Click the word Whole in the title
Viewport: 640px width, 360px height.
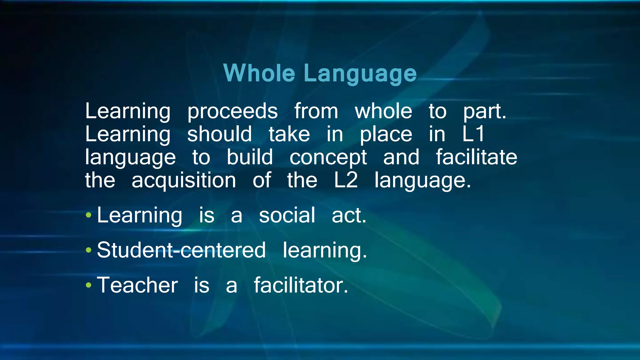(259, 73)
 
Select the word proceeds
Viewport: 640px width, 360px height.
(232, 112)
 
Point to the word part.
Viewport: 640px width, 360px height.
(484, 112)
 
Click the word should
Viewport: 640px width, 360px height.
(219, 134)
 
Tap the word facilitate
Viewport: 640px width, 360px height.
(476, 157)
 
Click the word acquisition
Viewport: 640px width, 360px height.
(184, 181)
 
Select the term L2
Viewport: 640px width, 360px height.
(346, 180)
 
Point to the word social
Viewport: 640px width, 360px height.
(287, 215)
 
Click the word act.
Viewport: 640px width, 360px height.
(349, 216)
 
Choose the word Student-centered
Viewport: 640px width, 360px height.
(181, 250)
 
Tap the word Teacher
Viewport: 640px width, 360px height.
(137, 285)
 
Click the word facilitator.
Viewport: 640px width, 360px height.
(301, 285)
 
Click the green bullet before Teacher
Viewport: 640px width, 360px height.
(89, 285)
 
